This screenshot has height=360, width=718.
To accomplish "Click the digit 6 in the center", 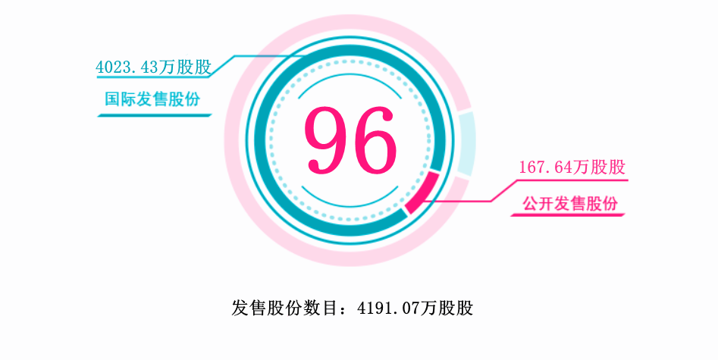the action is point(374,139).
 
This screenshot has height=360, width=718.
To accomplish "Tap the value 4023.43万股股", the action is point(152,67).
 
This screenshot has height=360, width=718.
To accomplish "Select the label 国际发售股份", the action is point(153,99).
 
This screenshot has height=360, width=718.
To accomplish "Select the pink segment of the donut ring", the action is point(422,193).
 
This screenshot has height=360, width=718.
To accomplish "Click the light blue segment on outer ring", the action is point(466,144).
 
